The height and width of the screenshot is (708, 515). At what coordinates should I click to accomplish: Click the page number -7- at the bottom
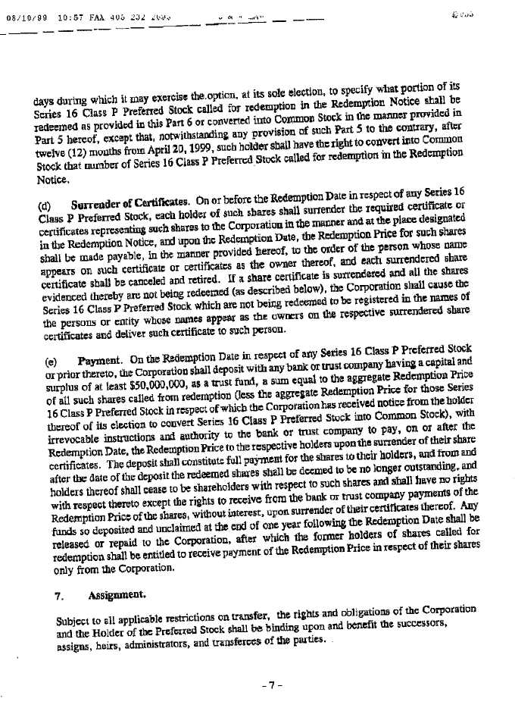click(x=271, y=685)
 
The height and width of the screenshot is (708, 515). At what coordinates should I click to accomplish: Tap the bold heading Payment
click(x=102, y=352)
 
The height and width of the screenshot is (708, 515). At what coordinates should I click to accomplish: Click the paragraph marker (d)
click(x=44, y=205)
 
